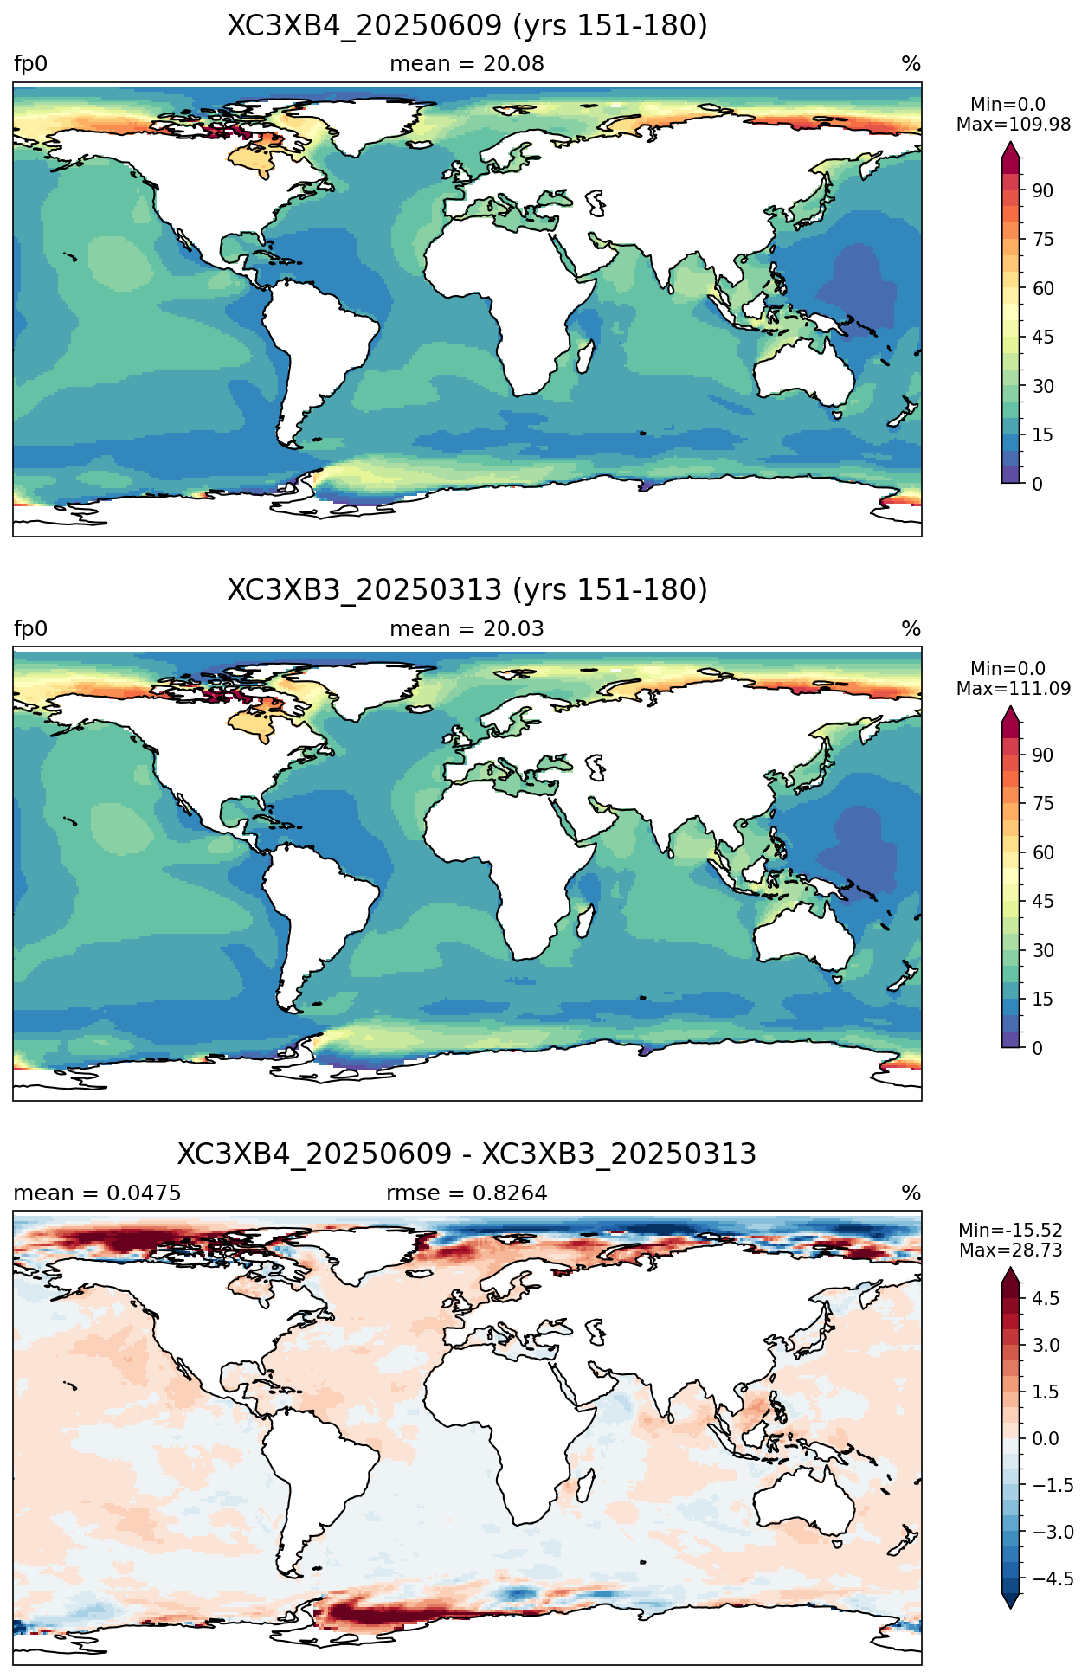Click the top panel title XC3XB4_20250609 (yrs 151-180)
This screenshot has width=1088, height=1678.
(x=467, y=26)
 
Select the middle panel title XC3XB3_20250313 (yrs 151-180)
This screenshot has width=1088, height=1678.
(x=467, y=590)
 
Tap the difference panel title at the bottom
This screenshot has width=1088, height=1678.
(x=467, y=1154)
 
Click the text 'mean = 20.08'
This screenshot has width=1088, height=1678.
(x=467, y=64)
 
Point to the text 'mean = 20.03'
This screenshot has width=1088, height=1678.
(x=467, y=629)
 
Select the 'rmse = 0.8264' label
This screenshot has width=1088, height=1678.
(x=467, y=1193)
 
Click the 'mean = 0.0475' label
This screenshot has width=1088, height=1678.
(x=97, y=1193)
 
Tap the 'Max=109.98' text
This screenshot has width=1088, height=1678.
(x=1014, y=125)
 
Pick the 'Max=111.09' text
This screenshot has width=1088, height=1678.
(x=1014, y=689)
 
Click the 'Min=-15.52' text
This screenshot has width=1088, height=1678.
(x=1010, y=1231)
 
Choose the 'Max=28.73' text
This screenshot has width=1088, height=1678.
(x=1010, y=1250)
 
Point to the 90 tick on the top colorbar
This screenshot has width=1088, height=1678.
(x=1043, y=190)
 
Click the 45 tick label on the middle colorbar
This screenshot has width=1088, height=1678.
(x=1043, y=902)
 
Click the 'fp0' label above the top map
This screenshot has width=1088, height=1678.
(x=31, y=64)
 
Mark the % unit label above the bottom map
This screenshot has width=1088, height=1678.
(x=911, y=1193)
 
